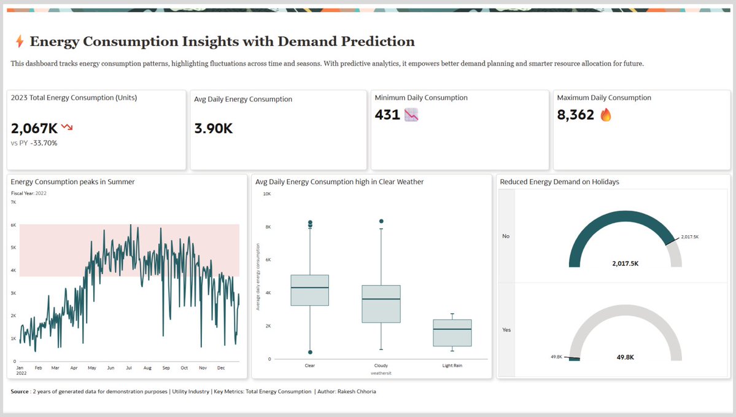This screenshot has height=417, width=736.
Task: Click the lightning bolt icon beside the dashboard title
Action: click(x=20, y=42)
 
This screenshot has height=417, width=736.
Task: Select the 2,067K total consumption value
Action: click(x=34, y=128)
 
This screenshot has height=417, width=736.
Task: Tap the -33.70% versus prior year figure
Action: click(x=44, y=143)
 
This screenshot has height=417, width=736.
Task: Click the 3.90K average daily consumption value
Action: click(x=213, y=128)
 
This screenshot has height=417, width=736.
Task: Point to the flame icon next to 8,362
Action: click(x=606, y=115)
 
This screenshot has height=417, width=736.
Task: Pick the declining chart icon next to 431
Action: click(x=411, y=115)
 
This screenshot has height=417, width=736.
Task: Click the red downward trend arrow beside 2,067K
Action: click(x=67, y=127)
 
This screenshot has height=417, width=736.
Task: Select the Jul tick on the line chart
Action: click(x=129, y=368)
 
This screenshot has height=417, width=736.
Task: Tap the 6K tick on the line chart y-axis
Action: click(x=13, y=225)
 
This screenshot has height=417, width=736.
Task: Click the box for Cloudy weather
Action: click(x=381, y=304)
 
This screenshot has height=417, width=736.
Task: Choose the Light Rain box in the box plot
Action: click(x=452, y=333)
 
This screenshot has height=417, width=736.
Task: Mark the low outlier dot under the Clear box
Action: click(x=310, y=353)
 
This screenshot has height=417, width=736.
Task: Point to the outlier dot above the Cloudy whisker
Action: click(x=381, y=221)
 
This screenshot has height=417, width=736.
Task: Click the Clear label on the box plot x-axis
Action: click(x=310, y=365)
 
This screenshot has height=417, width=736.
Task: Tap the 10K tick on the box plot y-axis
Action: click(x=267, y=193)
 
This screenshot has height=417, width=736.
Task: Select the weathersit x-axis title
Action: click(x=381, y=372)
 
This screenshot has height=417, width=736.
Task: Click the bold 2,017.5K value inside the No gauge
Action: click(x=626, y=263)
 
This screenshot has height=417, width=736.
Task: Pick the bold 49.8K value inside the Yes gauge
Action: click(x=626, y=357)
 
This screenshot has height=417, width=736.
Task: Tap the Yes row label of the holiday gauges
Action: click(x=506, y=330)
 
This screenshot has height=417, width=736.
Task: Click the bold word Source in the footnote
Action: click(x=20, y=391)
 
